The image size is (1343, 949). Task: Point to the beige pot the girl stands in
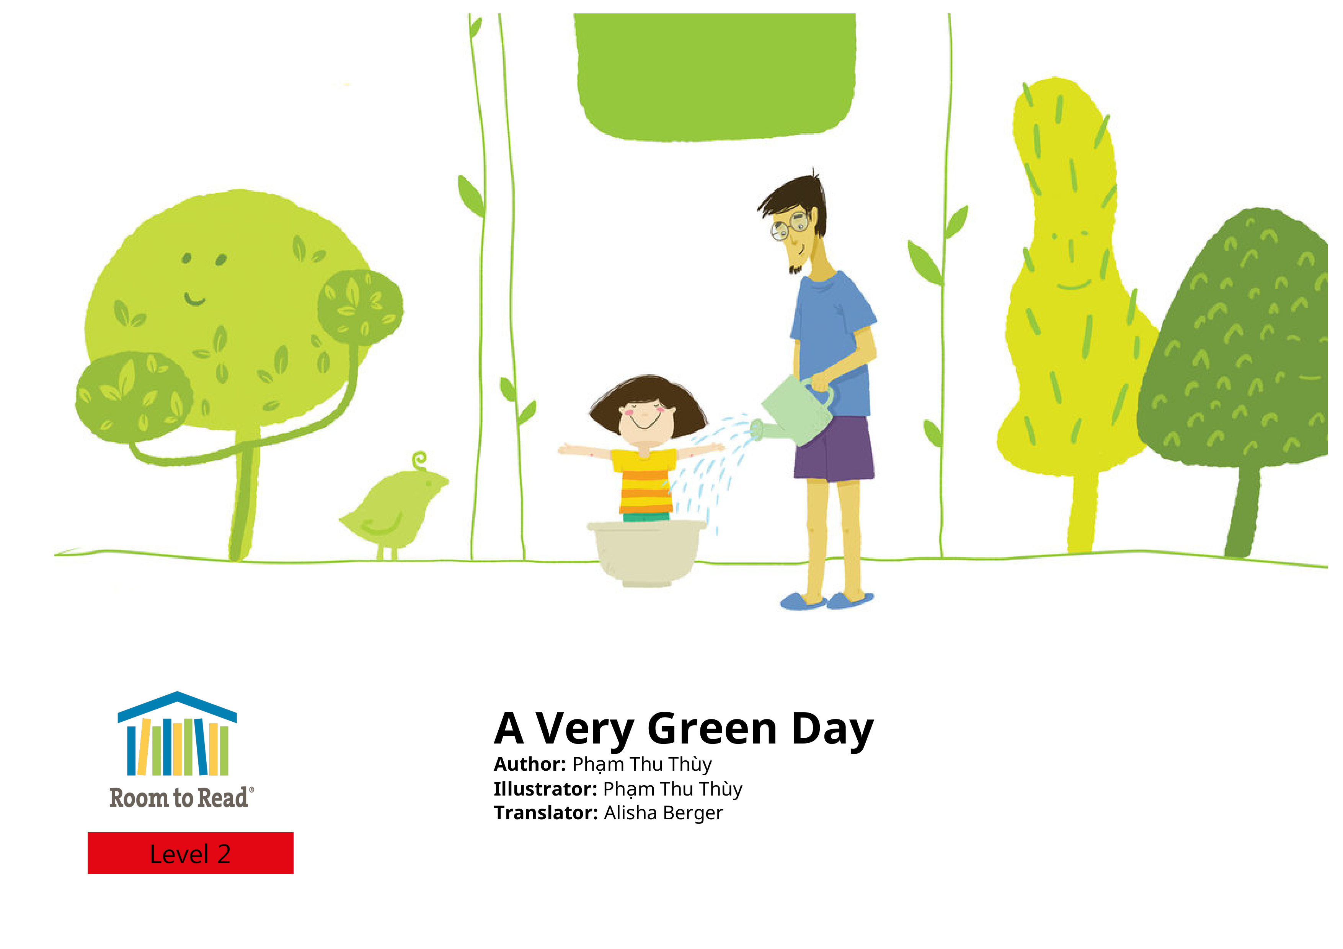point(647,553)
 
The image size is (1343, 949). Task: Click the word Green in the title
point(712,729)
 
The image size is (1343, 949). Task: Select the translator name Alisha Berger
point(663,813)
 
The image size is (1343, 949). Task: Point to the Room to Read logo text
point(181,797)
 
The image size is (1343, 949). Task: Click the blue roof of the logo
point(177,706)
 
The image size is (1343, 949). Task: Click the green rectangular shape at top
point(715,77)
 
